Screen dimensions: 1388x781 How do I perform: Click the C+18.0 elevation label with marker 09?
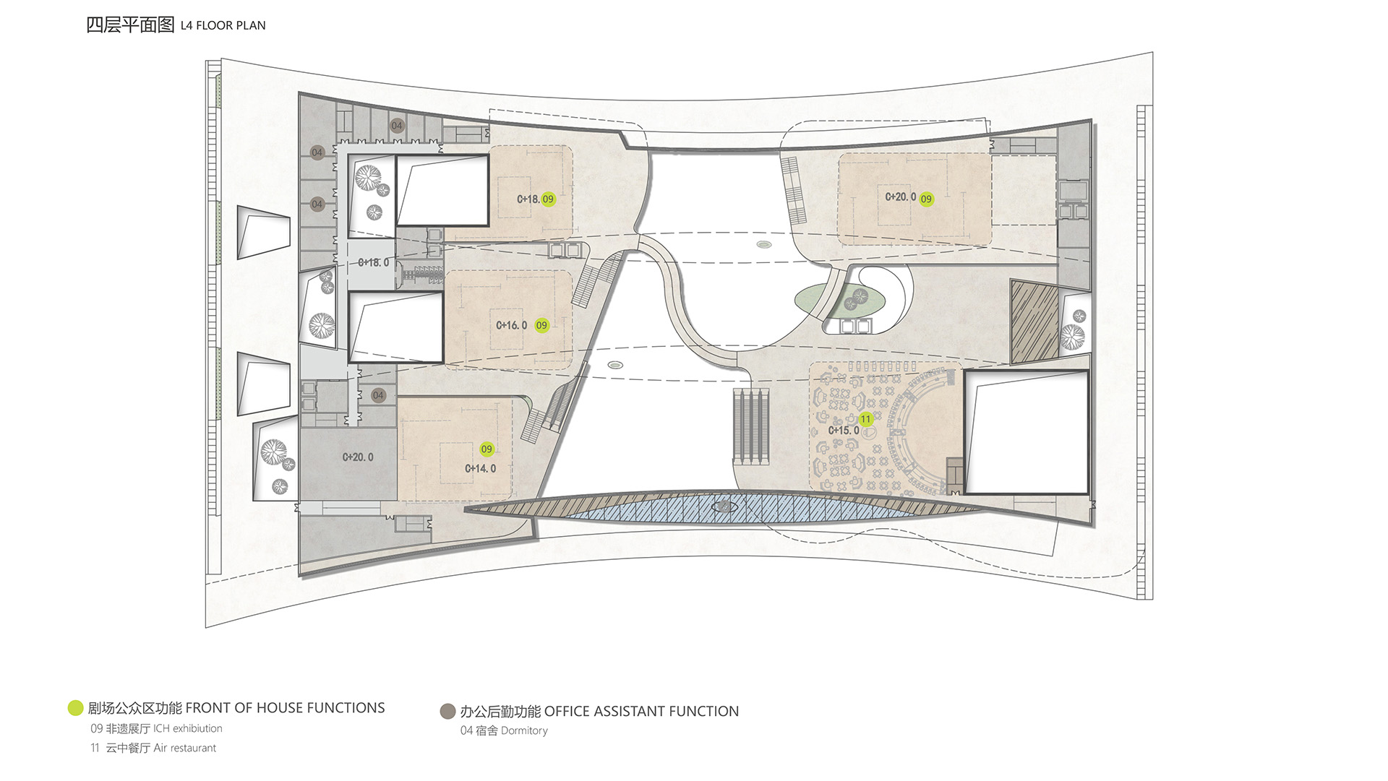click(528, 199)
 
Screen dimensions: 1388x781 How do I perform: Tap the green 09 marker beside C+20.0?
click(926, 199)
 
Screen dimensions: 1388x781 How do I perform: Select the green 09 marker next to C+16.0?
click(541, 325)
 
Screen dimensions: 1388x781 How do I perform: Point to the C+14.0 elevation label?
click(480, 468)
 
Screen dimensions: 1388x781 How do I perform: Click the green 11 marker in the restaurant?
click(865, 419)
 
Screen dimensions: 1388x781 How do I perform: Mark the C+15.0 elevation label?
click(844, 431)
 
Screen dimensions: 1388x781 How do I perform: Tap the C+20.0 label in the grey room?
click(358, 457)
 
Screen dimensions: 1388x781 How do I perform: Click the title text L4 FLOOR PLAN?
click(223, 25)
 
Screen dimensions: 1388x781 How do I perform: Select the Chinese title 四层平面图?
click(130, 25)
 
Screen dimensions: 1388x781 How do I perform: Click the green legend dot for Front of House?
click(75, 708)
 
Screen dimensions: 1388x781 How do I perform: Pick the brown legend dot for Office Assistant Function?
click(447, 712)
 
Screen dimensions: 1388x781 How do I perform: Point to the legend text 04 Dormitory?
click(504, 730)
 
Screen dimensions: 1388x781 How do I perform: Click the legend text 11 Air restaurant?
click(153, 748)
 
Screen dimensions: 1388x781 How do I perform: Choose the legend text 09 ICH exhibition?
click(156, 728)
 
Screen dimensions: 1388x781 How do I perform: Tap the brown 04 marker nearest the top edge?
click(397, 126)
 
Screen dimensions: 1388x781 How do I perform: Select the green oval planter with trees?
click(841, 298)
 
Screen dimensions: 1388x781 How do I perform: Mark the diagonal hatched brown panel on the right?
click(1034, 321)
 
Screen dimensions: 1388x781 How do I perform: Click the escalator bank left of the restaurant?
click(750, 425)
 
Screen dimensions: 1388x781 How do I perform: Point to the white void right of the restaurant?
click(1027, 432)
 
